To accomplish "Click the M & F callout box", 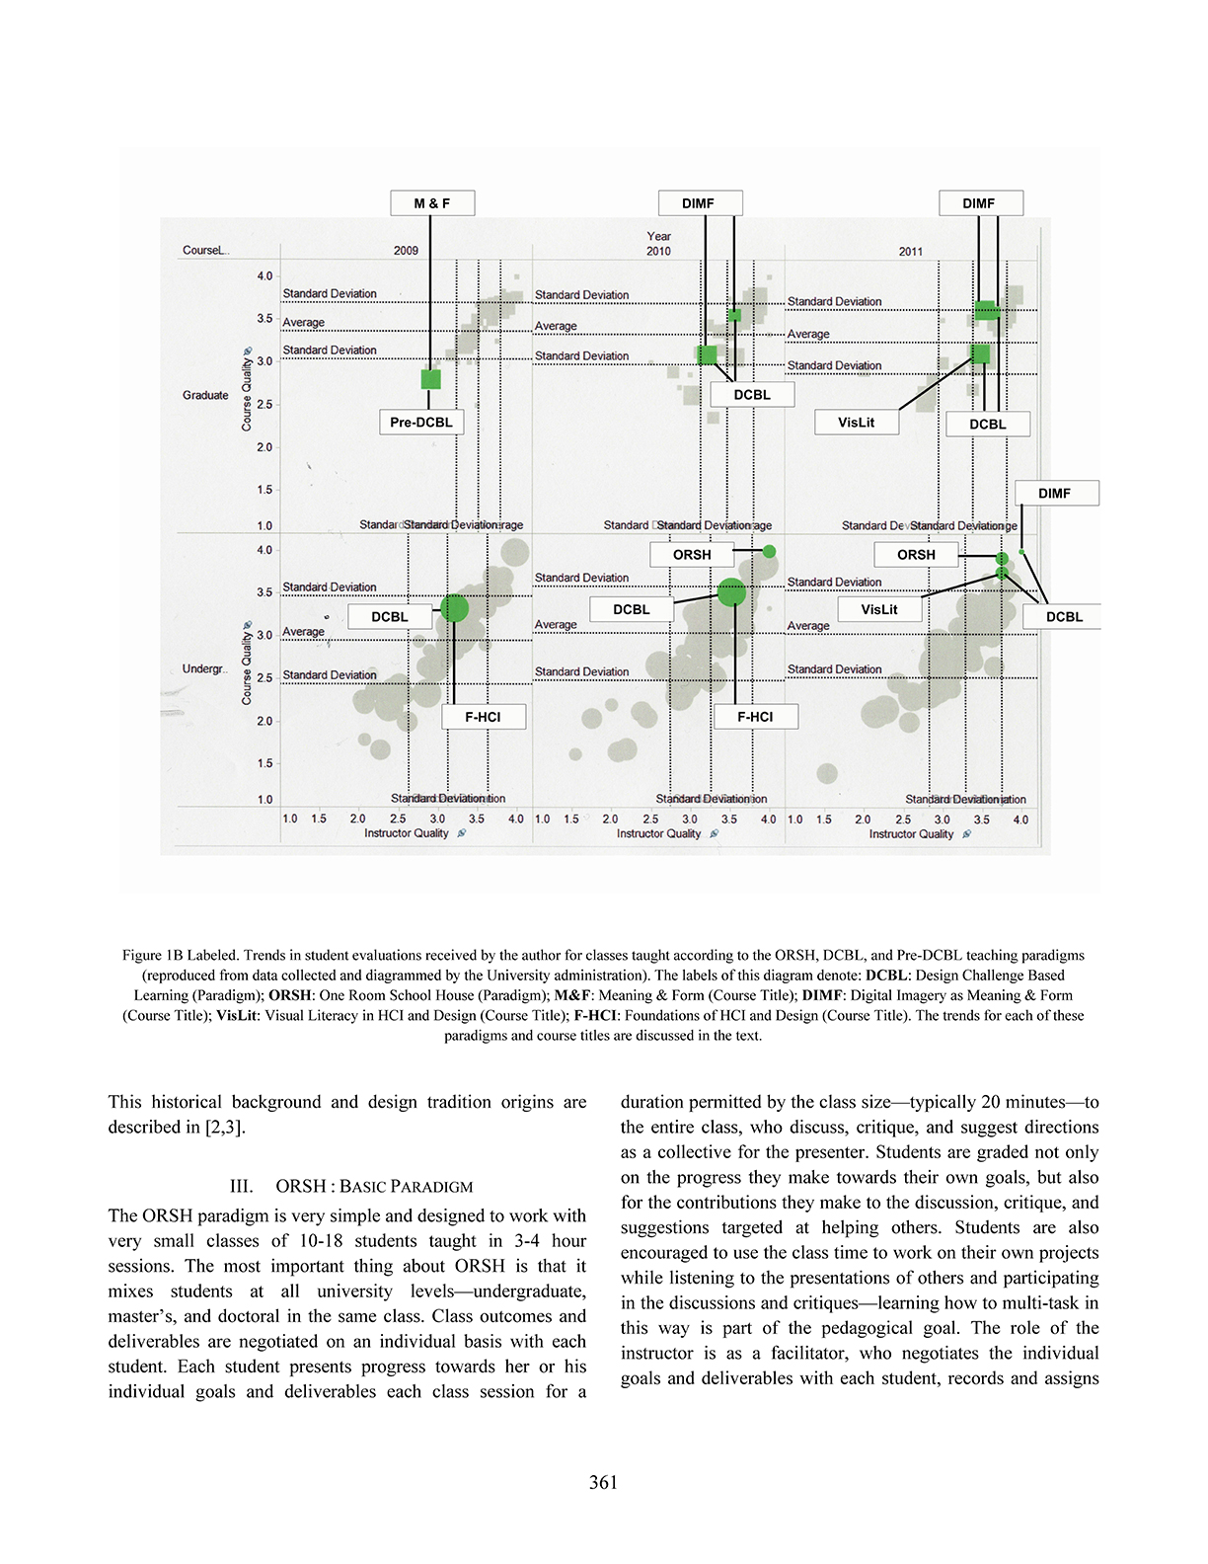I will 432,203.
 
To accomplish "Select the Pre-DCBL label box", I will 420,423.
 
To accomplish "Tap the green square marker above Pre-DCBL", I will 431,378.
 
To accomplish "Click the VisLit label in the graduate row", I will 856,423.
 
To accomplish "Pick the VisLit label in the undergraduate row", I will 878,609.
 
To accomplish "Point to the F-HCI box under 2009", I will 483,717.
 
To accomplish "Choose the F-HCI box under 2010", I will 755,717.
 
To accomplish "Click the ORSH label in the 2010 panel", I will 691,555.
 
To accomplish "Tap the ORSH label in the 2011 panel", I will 916,555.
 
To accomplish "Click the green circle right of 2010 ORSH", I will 770,551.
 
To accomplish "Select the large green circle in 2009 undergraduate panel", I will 454,607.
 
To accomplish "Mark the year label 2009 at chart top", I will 406,251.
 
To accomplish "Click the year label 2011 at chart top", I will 910,252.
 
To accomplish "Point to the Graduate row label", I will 205,396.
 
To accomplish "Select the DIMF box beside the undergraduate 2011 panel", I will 1054,494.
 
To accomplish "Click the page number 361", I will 603,1482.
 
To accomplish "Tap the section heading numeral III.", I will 241,1187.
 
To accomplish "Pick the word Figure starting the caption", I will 142,956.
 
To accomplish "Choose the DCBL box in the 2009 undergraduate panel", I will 389,617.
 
